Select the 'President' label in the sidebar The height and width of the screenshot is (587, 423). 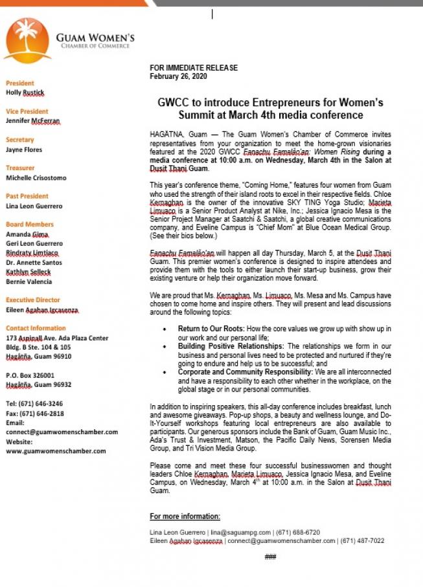[x=19, y=83]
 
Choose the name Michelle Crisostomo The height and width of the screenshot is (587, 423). [x=36, y=178]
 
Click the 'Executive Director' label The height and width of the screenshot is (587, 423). [x=33, y=300]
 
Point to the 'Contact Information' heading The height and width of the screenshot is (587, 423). [x=36, y=328]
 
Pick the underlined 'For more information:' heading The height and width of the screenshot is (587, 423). [x=185, y=516]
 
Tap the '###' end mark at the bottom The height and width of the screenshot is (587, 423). [x=271, y=557]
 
